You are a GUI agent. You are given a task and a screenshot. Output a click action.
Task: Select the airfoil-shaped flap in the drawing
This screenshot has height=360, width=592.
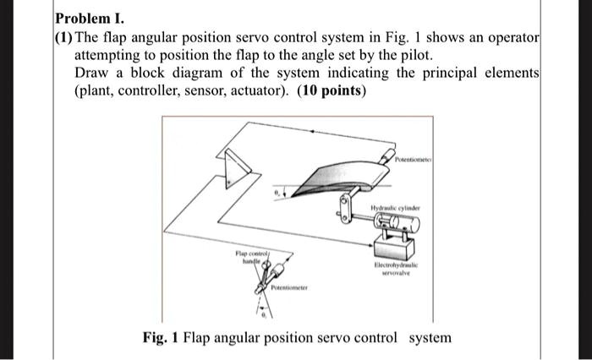[x=338, y=178]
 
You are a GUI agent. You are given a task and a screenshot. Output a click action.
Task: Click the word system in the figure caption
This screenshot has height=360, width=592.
[x=430, y=338]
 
